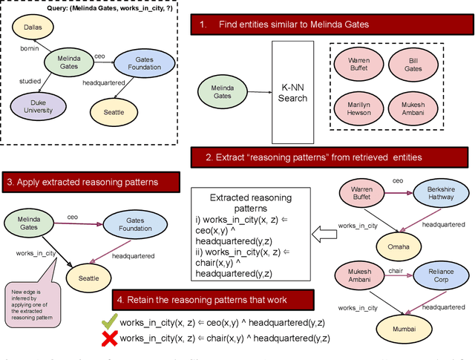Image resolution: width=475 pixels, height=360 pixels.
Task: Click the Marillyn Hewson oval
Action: click(x=360, y=105)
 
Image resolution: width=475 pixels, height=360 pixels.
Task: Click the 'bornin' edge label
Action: click(x=30, y=48)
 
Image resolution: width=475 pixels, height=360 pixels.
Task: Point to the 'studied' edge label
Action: click(x=30, y=82)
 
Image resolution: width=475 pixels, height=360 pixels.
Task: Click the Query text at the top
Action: click(x=90, y=7)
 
